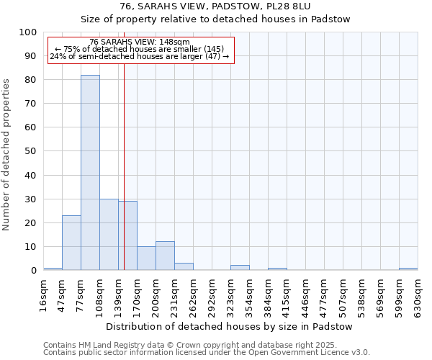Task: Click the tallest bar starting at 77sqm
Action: point(90,173)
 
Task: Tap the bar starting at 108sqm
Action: point(109,235)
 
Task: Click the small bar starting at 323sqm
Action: point(240,268)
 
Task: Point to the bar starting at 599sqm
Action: point(408,269)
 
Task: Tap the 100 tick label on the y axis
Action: point(28,32)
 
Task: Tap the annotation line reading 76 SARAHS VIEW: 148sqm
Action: point(140,42)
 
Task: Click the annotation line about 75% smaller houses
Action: point(140,49)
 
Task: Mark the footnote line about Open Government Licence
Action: point(207,352)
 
